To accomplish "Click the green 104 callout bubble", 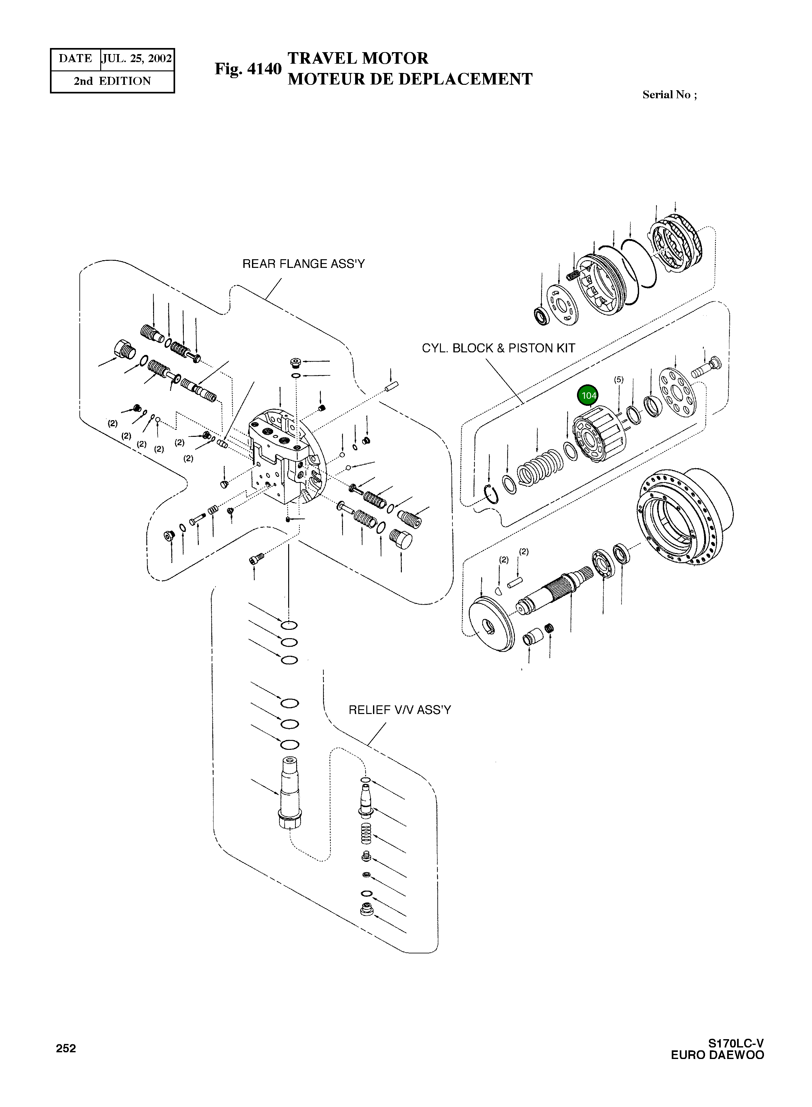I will (x=588, y=396).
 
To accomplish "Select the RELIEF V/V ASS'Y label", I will (x=399, y=710).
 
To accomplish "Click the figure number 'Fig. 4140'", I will (x=248, y=69).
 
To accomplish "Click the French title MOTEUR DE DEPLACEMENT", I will (x=410, y=79).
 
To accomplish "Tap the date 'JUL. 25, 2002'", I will (x=137, y=59).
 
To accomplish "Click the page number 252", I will (x=66, y=1048).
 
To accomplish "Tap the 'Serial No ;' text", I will (x=669, y=95).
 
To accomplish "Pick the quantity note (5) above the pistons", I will (x=618, y=379).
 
